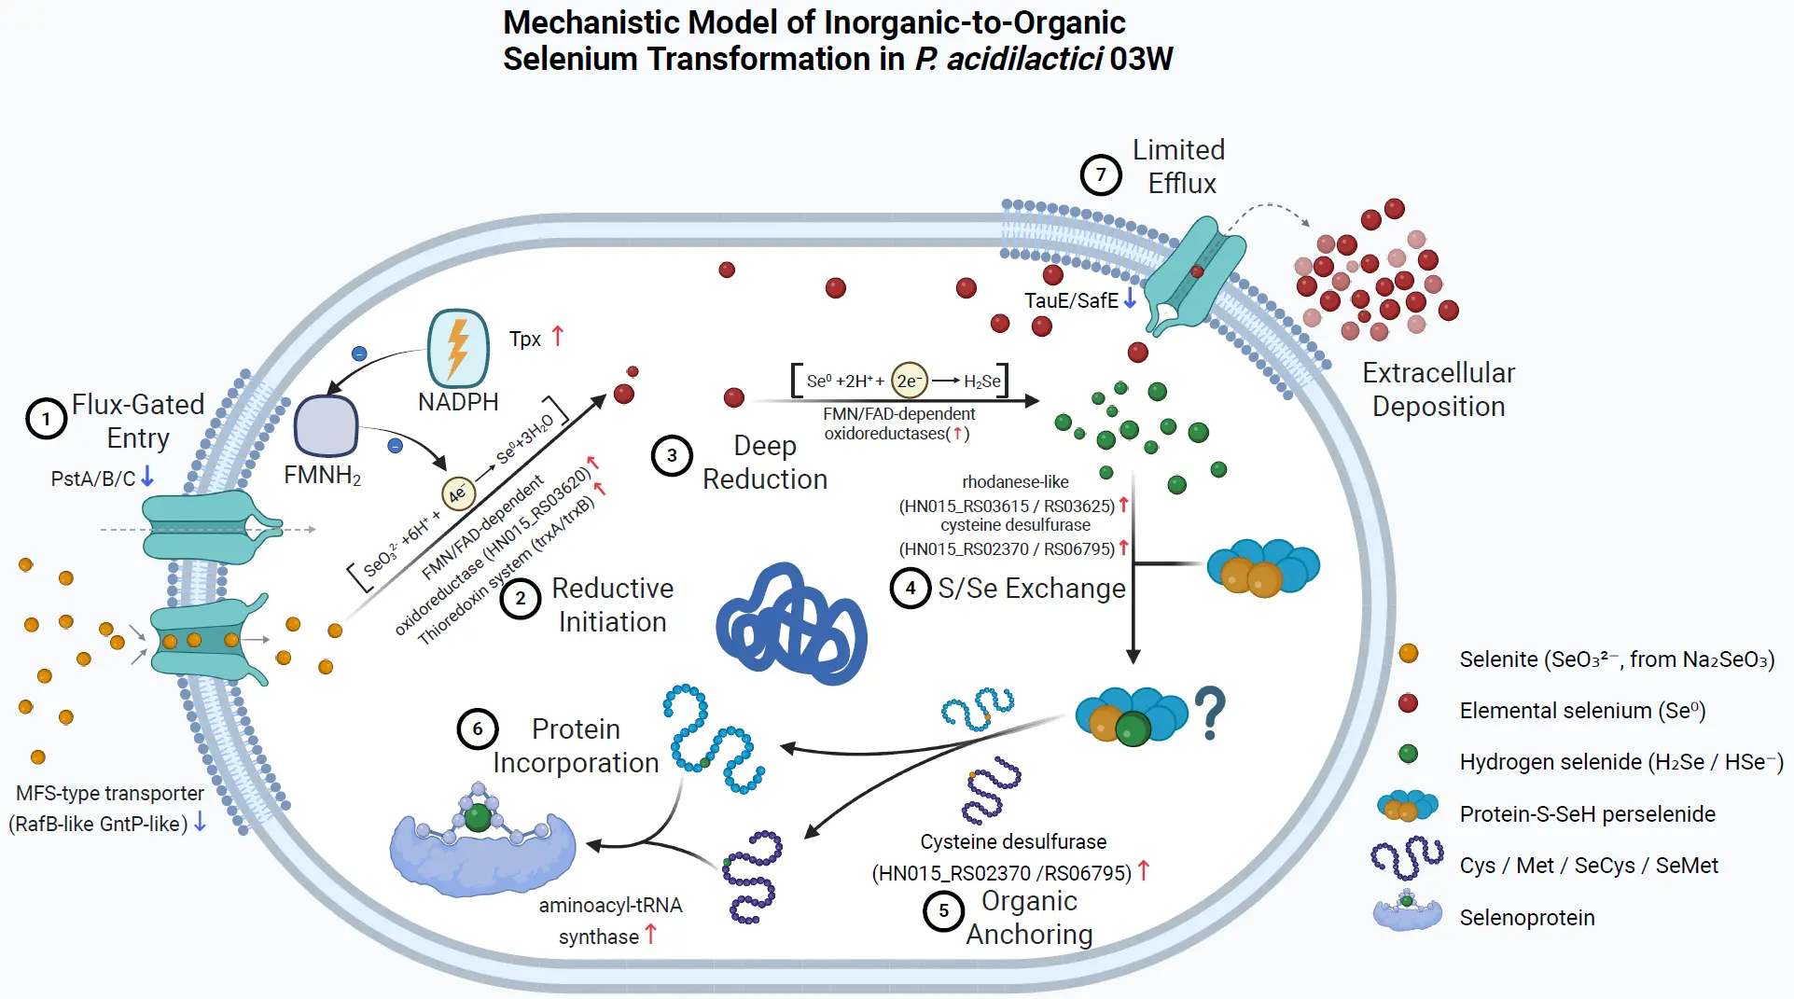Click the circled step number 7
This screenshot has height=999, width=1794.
point(1101,174)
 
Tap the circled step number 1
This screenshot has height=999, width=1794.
point(46,419)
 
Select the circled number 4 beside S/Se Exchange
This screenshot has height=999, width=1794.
point(911,588)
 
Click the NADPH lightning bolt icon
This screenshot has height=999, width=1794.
point(458,349)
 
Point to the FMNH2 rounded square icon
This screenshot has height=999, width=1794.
point(326,426)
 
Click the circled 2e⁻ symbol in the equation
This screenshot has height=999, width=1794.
point(909,381)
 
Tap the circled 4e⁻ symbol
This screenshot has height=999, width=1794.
point(458,493)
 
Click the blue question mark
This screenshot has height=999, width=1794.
point(1210,713)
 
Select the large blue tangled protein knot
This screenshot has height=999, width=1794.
point(792,624)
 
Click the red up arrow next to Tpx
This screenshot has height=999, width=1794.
point(558,336)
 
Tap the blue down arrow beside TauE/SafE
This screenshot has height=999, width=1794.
point(1130,298)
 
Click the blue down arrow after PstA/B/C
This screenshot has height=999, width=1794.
point(147,478)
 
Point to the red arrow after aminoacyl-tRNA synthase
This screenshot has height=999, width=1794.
point(651,934)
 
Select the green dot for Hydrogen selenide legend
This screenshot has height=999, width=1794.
point(1408,754)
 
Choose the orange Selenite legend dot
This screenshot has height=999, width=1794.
point(1408,654)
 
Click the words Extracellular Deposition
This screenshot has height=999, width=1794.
point(1438,390)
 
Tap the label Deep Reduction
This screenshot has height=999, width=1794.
point(765,463)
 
